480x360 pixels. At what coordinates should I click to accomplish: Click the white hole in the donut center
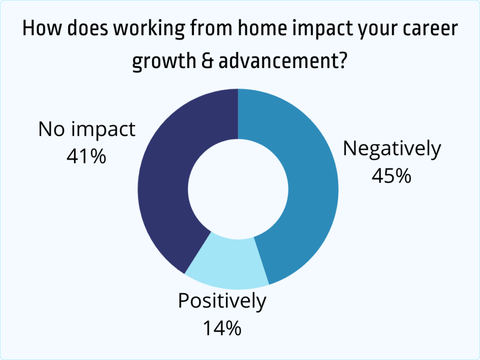(x=238, y=188)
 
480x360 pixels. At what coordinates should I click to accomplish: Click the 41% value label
(x=86, y=156)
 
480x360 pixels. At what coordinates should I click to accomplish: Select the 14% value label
(x=222, y=328)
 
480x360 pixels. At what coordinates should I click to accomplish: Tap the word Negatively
(x=392, y=149)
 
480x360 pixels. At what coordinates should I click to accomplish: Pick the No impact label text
(x=87, y=129)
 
